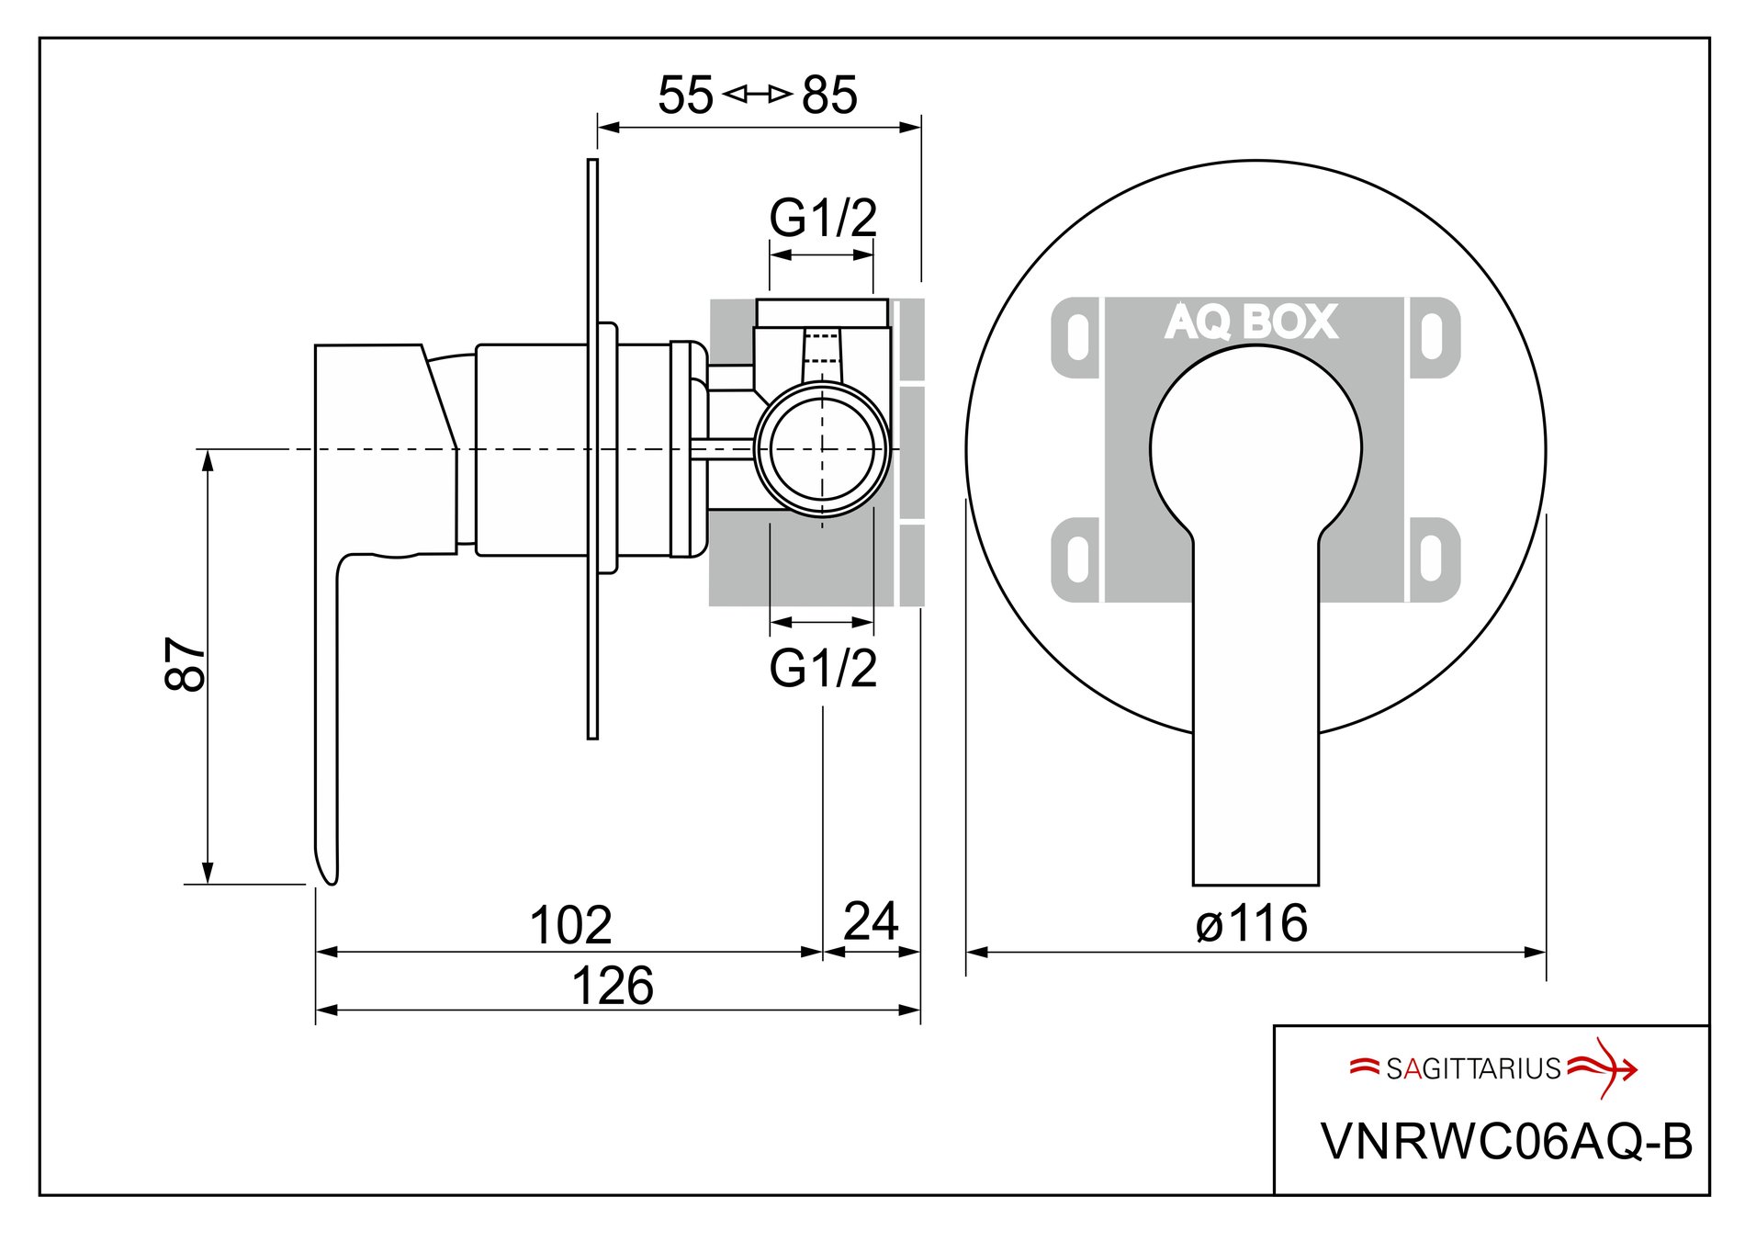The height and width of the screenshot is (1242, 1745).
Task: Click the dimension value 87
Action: [186, 664]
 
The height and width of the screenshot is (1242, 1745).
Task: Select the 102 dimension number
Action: [570, 925]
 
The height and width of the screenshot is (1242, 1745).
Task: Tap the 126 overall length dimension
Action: [613, 986]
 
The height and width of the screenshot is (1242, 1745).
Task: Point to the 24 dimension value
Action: [870, 921]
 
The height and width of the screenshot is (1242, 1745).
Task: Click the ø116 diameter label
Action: [1252, 923]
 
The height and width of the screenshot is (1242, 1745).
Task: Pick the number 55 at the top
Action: [685, 95]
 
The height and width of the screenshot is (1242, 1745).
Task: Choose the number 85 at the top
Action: [829, 95]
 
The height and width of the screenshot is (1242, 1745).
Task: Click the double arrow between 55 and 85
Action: [757, 94]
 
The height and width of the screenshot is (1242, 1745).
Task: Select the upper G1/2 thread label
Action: [823, 218]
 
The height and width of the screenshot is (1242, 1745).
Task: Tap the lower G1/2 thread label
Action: [823, 668]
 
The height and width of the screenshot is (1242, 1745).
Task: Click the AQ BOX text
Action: [1251, 322]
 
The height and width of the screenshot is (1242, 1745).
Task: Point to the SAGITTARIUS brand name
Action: [1473, 1068]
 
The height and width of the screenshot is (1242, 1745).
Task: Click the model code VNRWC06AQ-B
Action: [1506, 1142]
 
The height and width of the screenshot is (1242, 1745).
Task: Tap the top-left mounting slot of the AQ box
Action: [1078, 337]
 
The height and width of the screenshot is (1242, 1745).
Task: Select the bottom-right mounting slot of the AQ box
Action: [1431, 559]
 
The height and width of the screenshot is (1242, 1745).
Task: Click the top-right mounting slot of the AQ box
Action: [1431, 337]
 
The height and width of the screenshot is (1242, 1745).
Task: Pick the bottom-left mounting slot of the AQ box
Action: [1078, 559]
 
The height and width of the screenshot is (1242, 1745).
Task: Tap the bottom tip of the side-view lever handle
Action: [330, 879]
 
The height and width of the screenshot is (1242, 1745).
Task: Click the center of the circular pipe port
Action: [822, 449]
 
